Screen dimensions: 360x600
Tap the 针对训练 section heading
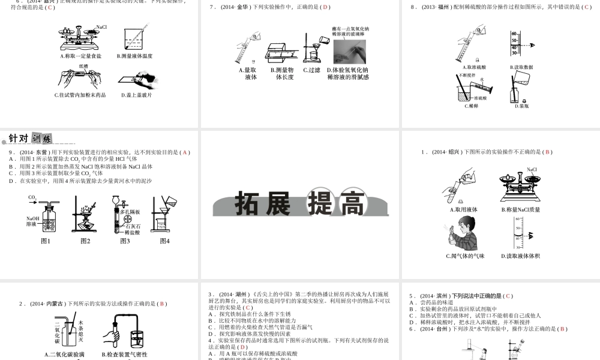(x=30, y=139)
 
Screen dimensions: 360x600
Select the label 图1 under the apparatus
(x=46, y=241)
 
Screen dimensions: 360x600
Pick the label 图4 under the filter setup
(x=164, y=241)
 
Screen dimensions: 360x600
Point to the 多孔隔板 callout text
(x=130, y=212)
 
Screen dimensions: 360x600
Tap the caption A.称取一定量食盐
(x=81, y=56)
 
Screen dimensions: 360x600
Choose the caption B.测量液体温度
(x=136, y=56)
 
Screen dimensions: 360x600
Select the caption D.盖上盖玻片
(x=136, y=95)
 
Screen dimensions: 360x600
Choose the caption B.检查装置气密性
(x=125, y=354)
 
